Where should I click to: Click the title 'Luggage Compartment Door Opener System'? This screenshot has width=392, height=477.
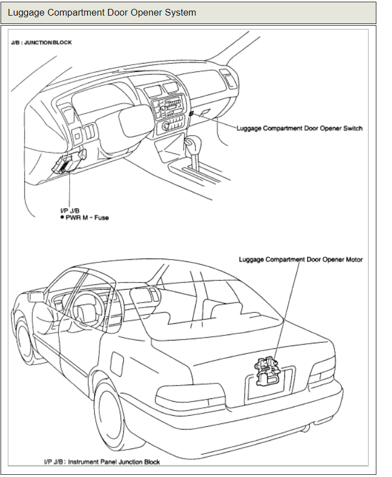(x=102, y=12)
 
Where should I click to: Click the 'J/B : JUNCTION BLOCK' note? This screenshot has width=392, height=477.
(x=41, y=42)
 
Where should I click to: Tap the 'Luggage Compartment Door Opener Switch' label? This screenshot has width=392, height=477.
(x=299, y=128)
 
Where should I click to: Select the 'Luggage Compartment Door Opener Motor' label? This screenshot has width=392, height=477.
(x=301, y=259)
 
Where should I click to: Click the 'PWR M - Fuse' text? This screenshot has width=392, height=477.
(x=86, y=217)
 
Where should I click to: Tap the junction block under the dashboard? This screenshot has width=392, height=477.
(x=67, y=162)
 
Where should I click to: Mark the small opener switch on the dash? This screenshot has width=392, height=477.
(x=191, y=113)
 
